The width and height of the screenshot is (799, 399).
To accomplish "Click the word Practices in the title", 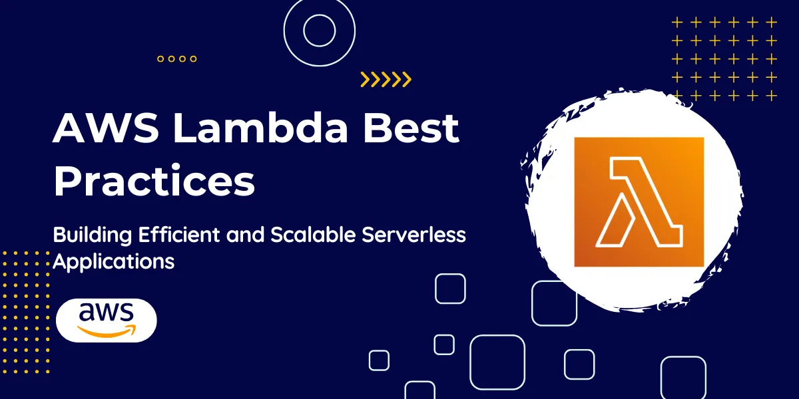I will [x=154, y=180].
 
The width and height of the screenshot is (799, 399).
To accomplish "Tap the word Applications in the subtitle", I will [x=113, y=261].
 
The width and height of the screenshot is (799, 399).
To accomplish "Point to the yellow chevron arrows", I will [x=386, y=80].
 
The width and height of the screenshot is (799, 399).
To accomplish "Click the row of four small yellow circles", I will [x=177, y=59].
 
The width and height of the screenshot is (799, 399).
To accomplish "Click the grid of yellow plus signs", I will [x=724, y=59].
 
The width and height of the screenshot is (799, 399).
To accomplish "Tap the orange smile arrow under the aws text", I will [x=107, y=331].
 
